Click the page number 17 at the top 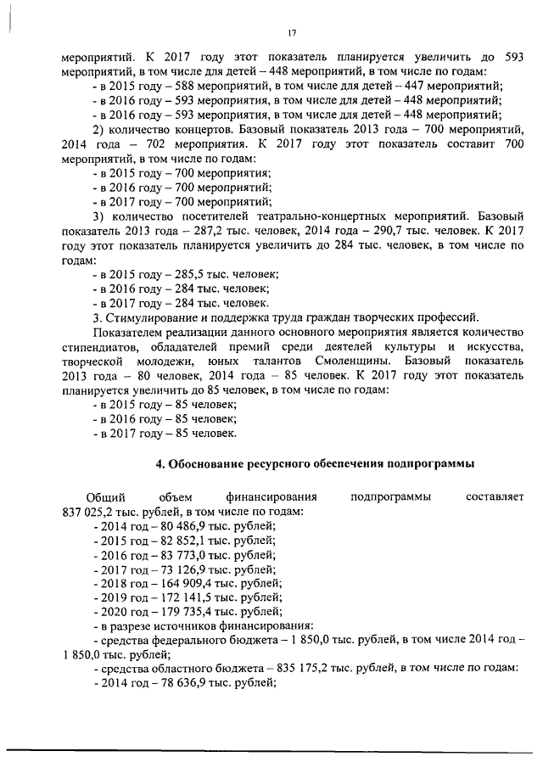[x=291, y=33]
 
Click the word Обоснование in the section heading [x=205, y=464]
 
